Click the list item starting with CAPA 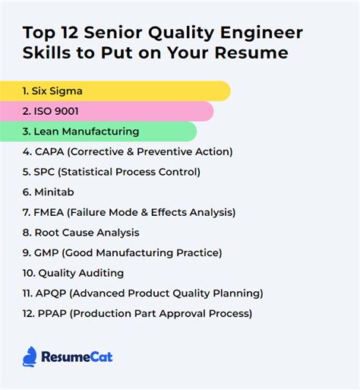tap(127, 151)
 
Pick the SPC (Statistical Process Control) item tap(111, 172)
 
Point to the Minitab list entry tap(49, 192)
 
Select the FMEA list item tap(128, 212)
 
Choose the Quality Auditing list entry tap(73, 273)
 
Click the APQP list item tap(143, 293)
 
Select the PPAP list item tap(137, 313)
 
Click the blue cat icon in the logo tap(30, 356)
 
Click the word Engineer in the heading tap(261, 33)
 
